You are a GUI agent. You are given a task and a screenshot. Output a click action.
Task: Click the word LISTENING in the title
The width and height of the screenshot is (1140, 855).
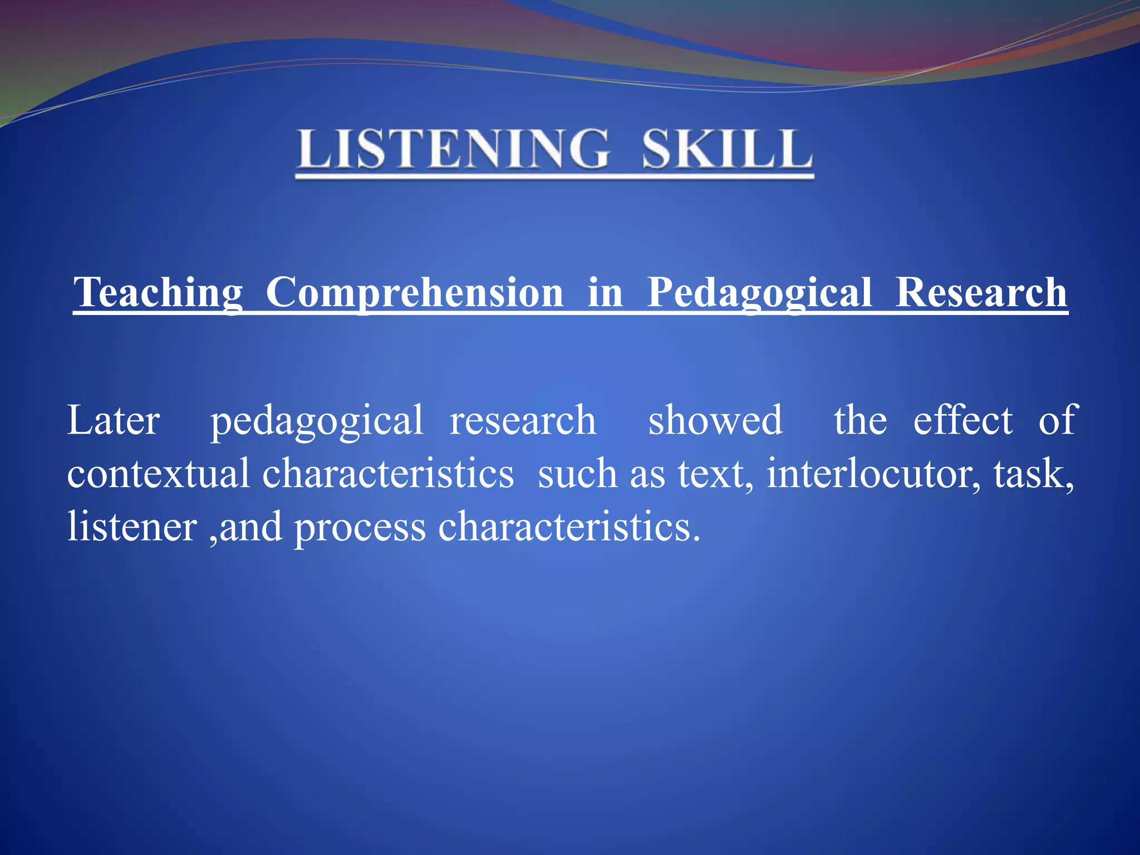pos(453,149)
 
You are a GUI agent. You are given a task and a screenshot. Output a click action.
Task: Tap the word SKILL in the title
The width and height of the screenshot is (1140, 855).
pos(727,149)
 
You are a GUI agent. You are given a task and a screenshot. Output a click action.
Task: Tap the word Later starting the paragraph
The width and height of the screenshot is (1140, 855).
pos(114,420)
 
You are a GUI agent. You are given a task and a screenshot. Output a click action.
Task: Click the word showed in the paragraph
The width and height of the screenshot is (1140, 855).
pos(715,420)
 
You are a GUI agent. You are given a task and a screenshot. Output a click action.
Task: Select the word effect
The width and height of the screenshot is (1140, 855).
pos(963,420)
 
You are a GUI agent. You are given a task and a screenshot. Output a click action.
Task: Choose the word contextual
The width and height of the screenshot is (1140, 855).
pos(158,474)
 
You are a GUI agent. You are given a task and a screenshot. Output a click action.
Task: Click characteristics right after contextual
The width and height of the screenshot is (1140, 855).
pos(388,474)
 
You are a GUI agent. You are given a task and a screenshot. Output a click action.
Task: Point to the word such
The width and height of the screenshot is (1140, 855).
pos(577,474)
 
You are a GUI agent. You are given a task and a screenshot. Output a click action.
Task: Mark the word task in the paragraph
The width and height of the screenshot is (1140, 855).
pos(1033,474)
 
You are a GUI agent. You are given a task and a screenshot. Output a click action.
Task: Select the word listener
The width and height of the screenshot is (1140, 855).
pos(132,527)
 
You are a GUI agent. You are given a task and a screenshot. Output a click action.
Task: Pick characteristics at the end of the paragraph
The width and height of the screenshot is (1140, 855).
pos(568,527)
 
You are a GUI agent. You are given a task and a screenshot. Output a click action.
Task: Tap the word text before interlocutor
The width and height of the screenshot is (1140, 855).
pos(715,474)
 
